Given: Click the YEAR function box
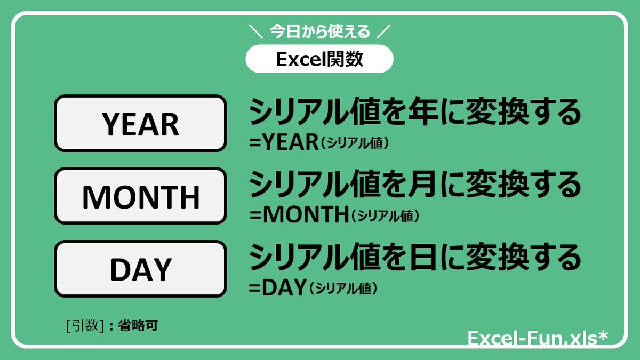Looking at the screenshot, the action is [x=141, y=123].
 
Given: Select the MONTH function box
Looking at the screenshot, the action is [x=141, y=196].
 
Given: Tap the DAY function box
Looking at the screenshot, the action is [x=141, y=269].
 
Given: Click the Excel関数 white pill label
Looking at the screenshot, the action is [x=319, y=59].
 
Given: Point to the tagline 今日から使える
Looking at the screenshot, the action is [x=319, y=31].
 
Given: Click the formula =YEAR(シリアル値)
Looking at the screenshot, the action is [x=319, y=142].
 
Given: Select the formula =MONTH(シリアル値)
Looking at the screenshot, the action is [x=334, y=214].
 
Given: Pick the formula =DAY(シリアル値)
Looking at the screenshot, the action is [x=313, y=287].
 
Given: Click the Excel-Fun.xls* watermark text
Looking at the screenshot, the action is [x=538, y=338].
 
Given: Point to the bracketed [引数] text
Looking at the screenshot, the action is [x=85, y=325].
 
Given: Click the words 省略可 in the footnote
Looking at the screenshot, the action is [x=138, y=325].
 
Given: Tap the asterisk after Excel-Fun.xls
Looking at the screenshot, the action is [x=602, y=335].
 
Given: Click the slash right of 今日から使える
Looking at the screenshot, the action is [x=383, y=31].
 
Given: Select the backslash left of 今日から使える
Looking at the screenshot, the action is [x=255, y=31].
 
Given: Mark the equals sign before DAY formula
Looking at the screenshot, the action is [x=254, y=289].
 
